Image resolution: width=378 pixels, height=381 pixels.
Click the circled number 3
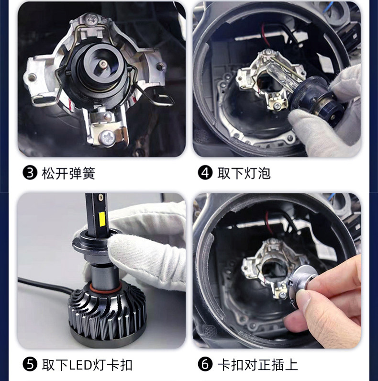[x=30, y=173]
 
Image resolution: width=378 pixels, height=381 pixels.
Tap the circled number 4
[x=205, y=173]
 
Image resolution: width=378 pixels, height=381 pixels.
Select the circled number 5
[x=30, y=364]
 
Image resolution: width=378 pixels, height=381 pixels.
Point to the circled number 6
[x=205, y=364]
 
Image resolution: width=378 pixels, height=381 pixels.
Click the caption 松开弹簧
[x=68, y=173]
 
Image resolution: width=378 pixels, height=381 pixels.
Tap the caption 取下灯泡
[x=244, y=173]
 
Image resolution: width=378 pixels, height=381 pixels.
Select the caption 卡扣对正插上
[x=257, y=365]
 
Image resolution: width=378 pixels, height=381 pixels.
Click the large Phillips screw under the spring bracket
[x=108, y=138]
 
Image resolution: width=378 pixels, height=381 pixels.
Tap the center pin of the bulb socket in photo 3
[x=103, y=64]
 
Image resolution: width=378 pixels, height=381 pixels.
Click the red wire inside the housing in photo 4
[x=265, y=35]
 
